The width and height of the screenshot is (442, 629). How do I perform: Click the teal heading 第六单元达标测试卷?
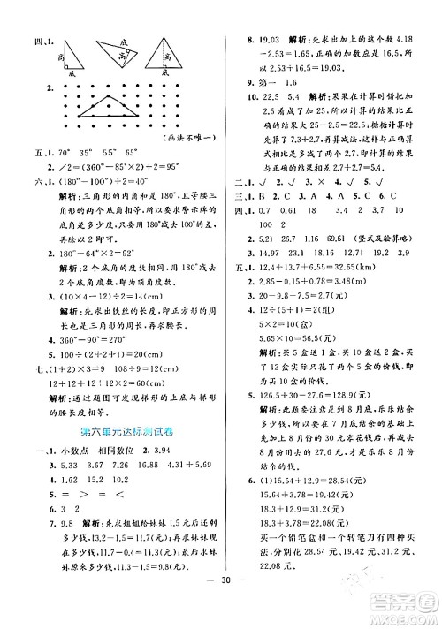[x=115, y=430]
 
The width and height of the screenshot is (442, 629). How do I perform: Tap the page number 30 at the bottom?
[x=225, y=604]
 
